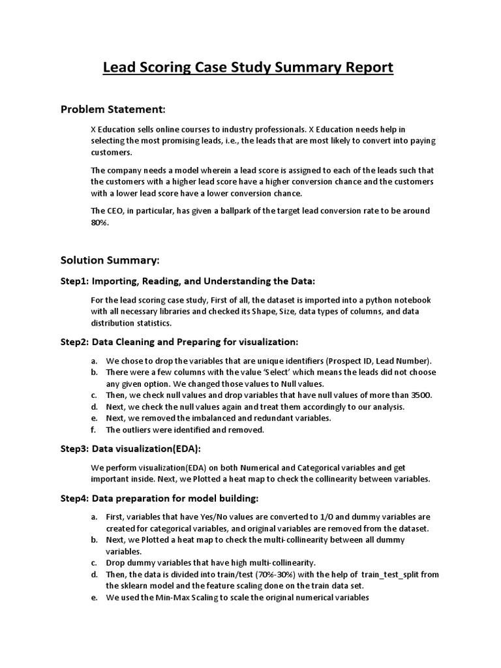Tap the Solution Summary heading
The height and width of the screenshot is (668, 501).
110,260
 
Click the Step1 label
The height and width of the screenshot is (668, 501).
74,281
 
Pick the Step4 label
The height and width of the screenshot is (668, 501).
74,499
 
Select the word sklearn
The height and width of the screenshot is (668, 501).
135,586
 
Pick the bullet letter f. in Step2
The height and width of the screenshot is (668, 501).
94,430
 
